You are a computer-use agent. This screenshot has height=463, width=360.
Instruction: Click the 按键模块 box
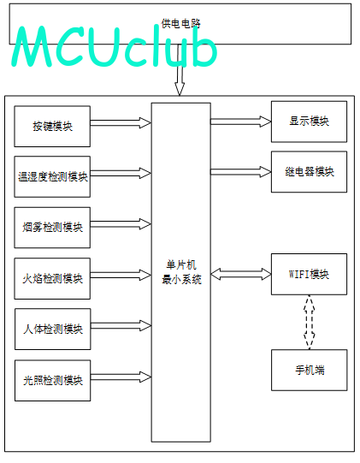[52, 127]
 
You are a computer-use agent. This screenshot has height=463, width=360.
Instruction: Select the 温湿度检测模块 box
[52, 176]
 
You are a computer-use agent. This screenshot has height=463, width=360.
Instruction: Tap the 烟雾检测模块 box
[52, 228]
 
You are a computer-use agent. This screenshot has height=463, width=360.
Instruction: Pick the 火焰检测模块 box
[52, 278]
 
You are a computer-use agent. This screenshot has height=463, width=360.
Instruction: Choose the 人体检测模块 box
[52, 329]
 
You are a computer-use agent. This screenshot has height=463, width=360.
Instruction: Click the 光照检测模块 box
[52, 380]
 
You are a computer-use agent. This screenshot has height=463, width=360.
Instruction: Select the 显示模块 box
[309, 122]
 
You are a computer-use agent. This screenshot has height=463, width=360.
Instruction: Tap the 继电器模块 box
[309, 172]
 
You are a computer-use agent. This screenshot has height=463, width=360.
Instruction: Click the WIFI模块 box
[309, 274]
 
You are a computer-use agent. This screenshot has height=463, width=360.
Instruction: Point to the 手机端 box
[310, 370]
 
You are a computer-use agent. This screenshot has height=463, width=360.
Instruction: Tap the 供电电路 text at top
[180, 23]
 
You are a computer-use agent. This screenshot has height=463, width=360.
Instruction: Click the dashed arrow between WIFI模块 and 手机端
[310, 322]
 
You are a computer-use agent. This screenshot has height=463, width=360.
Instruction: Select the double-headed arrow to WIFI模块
[241, 274]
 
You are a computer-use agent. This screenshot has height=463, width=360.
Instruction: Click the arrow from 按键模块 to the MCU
[121, 123]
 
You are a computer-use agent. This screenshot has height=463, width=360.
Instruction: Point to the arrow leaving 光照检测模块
[121, 377]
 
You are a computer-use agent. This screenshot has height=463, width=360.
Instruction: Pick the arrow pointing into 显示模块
[241, 122]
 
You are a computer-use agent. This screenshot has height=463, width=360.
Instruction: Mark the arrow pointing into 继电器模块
[241, 172]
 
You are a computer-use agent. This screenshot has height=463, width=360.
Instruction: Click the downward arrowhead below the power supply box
[180, 89]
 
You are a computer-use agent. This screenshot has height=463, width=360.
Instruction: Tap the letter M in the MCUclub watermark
[32, 46]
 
